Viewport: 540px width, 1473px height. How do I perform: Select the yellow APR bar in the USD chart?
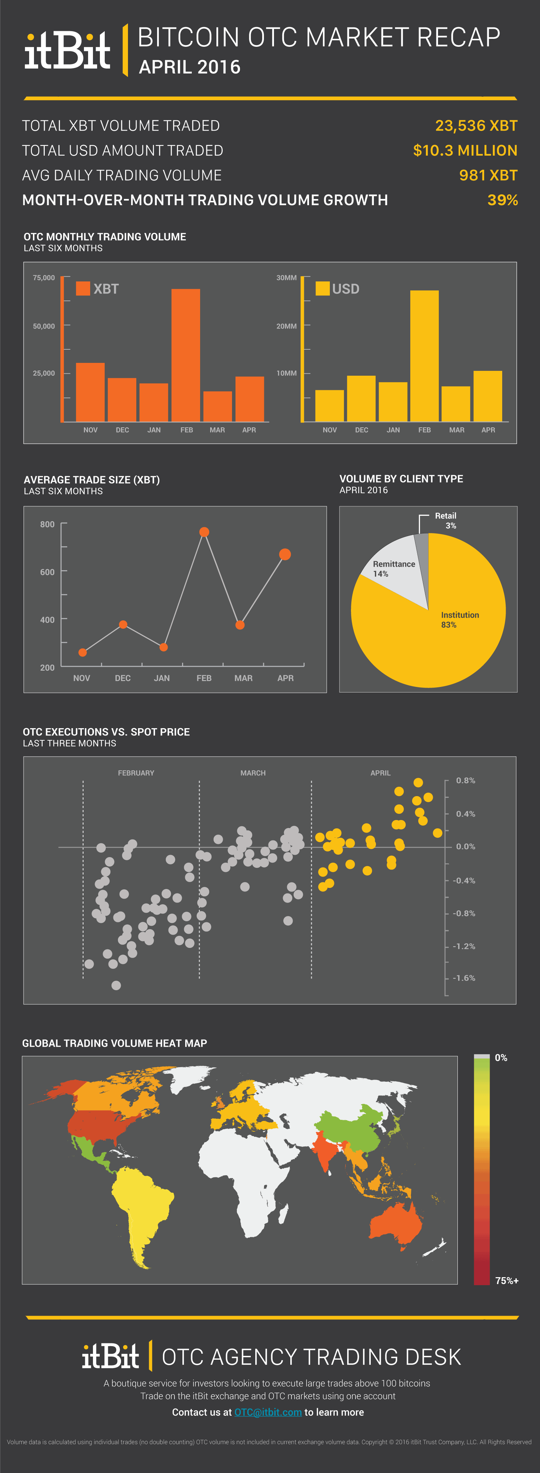[x=487, y=396]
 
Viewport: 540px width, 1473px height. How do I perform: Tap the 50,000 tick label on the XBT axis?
[x=43, y=326]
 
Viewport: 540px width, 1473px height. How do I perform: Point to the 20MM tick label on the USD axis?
[x=286, y=326]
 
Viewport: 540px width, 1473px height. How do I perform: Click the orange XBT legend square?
[x=83, y=288]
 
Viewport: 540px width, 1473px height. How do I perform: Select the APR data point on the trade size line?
[x=285, y=554]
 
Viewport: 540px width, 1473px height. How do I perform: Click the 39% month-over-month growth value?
[x=502, y=200]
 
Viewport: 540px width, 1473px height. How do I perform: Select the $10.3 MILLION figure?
[x=465, y=150]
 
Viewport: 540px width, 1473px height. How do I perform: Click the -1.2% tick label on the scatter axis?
[x=464, y=946]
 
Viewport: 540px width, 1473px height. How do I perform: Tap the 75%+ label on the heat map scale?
[x=506, y=1281]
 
